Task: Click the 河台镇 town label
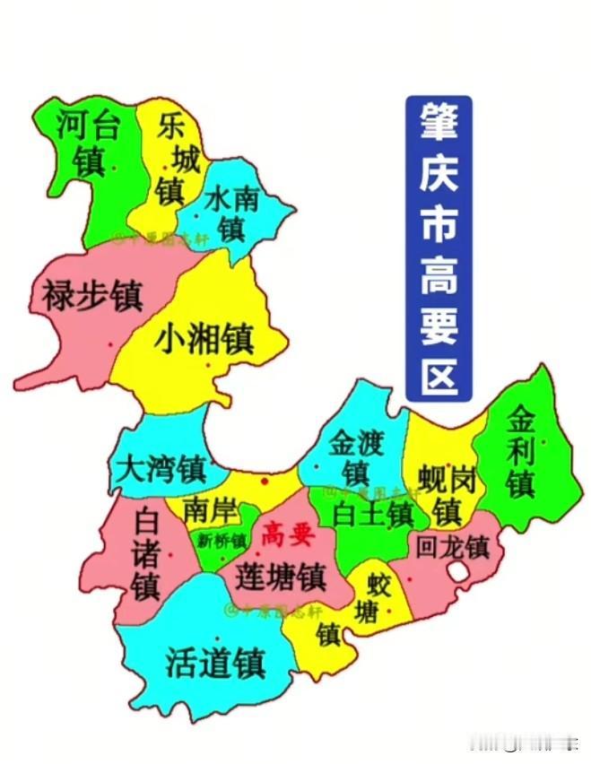point(87,142)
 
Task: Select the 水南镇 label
point(231,213)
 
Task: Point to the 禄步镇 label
point(91,293)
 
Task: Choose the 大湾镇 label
point(162,468)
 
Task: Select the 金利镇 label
point(520,450)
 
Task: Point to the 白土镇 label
point(372,515)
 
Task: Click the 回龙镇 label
point(453,545)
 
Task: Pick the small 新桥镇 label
point(222,541)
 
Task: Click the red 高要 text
point(286,536)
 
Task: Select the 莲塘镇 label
point(280,575)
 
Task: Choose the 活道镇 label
point(215,663)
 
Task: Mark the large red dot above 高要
point(264,482)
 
